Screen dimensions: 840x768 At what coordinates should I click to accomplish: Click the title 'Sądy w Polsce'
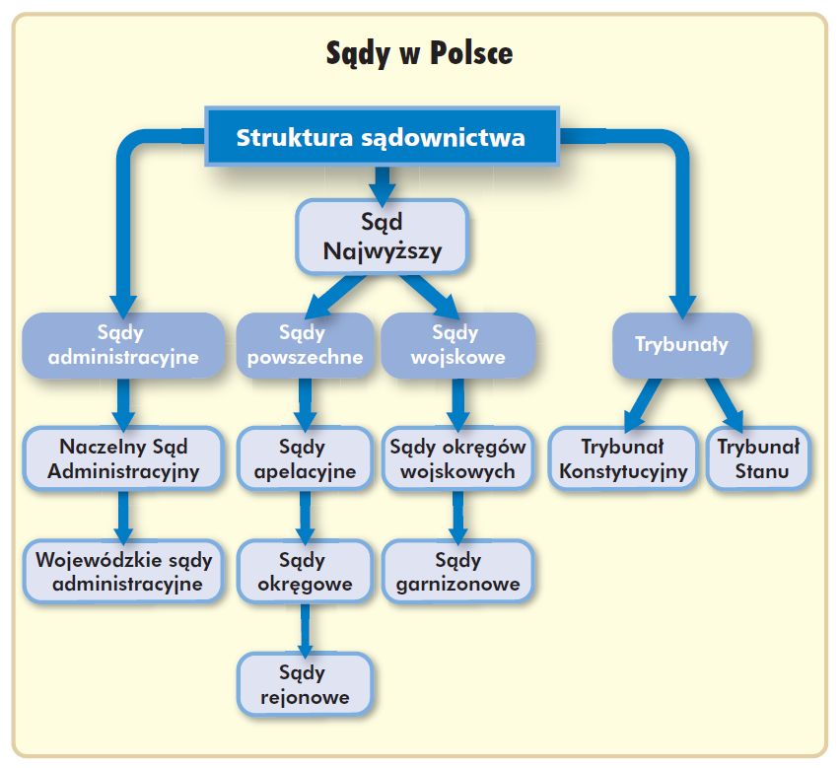(x=419, y=53)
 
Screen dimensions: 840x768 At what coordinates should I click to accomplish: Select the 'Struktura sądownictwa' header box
(x=382, y=136)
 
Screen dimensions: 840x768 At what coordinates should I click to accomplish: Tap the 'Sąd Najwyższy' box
(x=382, y=237)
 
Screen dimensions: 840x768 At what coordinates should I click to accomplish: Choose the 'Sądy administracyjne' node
(x=123, y=345)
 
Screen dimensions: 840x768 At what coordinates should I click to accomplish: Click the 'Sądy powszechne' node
(x=305, y=345)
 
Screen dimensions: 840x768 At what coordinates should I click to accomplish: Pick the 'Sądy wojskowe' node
(x=458, y=345)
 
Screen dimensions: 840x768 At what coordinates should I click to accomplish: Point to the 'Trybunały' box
(x=682, y=345)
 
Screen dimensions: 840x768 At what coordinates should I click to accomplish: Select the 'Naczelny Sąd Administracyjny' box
(x=123, y=458)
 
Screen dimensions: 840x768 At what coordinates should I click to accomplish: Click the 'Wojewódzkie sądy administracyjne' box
(x=123, y=572)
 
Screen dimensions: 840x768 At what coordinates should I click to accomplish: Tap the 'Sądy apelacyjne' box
(x=305, y=458)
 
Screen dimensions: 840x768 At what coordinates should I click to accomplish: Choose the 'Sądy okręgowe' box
(x=305, y=572)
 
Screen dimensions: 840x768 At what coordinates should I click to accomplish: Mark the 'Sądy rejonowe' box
(x=305, y=685)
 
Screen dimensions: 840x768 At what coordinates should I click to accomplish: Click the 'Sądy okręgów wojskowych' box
(x=458, y=458)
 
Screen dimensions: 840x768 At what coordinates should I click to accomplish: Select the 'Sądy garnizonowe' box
(x=458, y=572)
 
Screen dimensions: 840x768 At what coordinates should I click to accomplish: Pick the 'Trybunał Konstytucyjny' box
(x=623, y=458)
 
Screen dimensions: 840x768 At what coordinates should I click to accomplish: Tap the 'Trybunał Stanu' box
(x=758, y=458)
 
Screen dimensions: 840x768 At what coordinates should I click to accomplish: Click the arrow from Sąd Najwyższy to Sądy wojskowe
(x=430, y=296)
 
